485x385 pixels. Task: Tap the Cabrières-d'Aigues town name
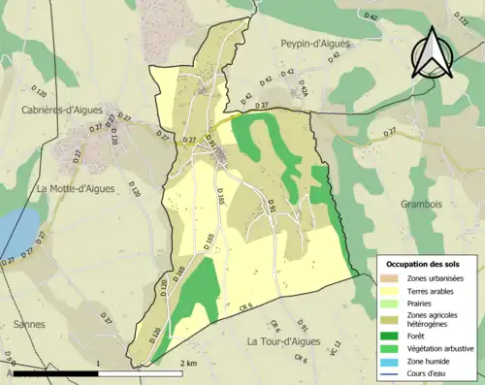69,111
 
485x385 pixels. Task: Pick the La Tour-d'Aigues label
290,341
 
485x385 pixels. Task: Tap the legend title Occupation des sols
423,263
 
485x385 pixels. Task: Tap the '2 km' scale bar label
190,363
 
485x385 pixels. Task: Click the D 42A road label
302,90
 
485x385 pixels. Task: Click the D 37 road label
106,318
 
